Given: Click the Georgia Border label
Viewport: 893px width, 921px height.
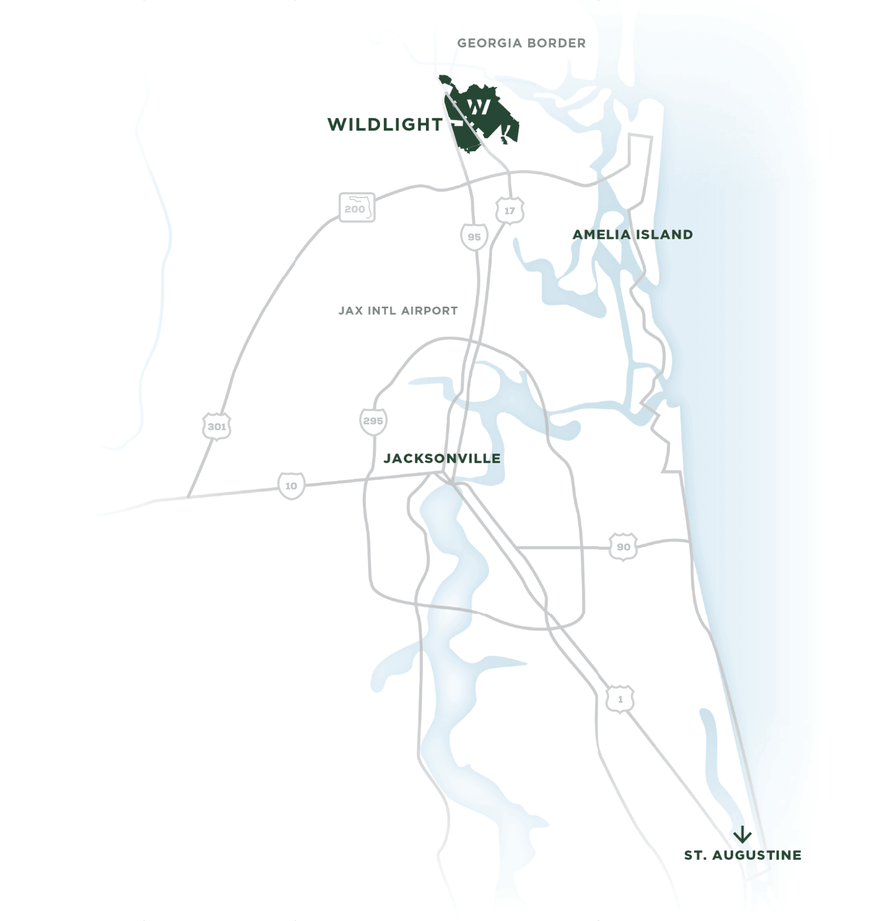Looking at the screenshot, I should pos(521,43).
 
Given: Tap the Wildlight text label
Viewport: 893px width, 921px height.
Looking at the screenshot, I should pos(385,125).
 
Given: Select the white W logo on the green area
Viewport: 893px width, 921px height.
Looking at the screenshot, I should pos(478,106).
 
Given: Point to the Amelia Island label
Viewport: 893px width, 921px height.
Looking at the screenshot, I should pos(632,235).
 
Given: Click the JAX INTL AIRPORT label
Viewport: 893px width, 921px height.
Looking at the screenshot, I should pos(398,311).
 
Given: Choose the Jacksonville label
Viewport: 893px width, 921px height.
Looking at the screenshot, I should pos(442,459).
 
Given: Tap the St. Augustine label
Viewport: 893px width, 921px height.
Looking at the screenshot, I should pos(742,855).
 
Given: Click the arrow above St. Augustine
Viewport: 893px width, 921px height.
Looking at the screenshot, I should pos(742,835).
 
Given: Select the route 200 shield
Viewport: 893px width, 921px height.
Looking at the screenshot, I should pos(356,208).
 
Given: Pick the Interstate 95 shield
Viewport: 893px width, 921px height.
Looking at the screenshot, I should pos(474,237).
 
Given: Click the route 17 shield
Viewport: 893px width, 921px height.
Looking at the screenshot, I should pos(510,211).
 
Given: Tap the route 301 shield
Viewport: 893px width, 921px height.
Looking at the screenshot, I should pos(217,426).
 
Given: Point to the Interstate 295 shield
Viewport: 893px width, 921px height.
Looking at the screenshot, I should pos(373,421).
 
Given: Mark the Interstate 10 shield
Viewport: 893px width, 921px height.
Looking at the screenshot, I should pos(291,486).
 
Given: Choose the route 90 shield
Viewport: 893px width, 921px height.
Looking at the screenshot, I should pos(623,547).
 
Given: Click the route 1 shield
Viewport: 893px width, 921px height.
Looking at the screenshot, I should pos(620,699).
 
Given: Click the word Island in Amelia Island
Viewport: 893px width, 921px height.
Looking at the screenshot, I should pos(664,235).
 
